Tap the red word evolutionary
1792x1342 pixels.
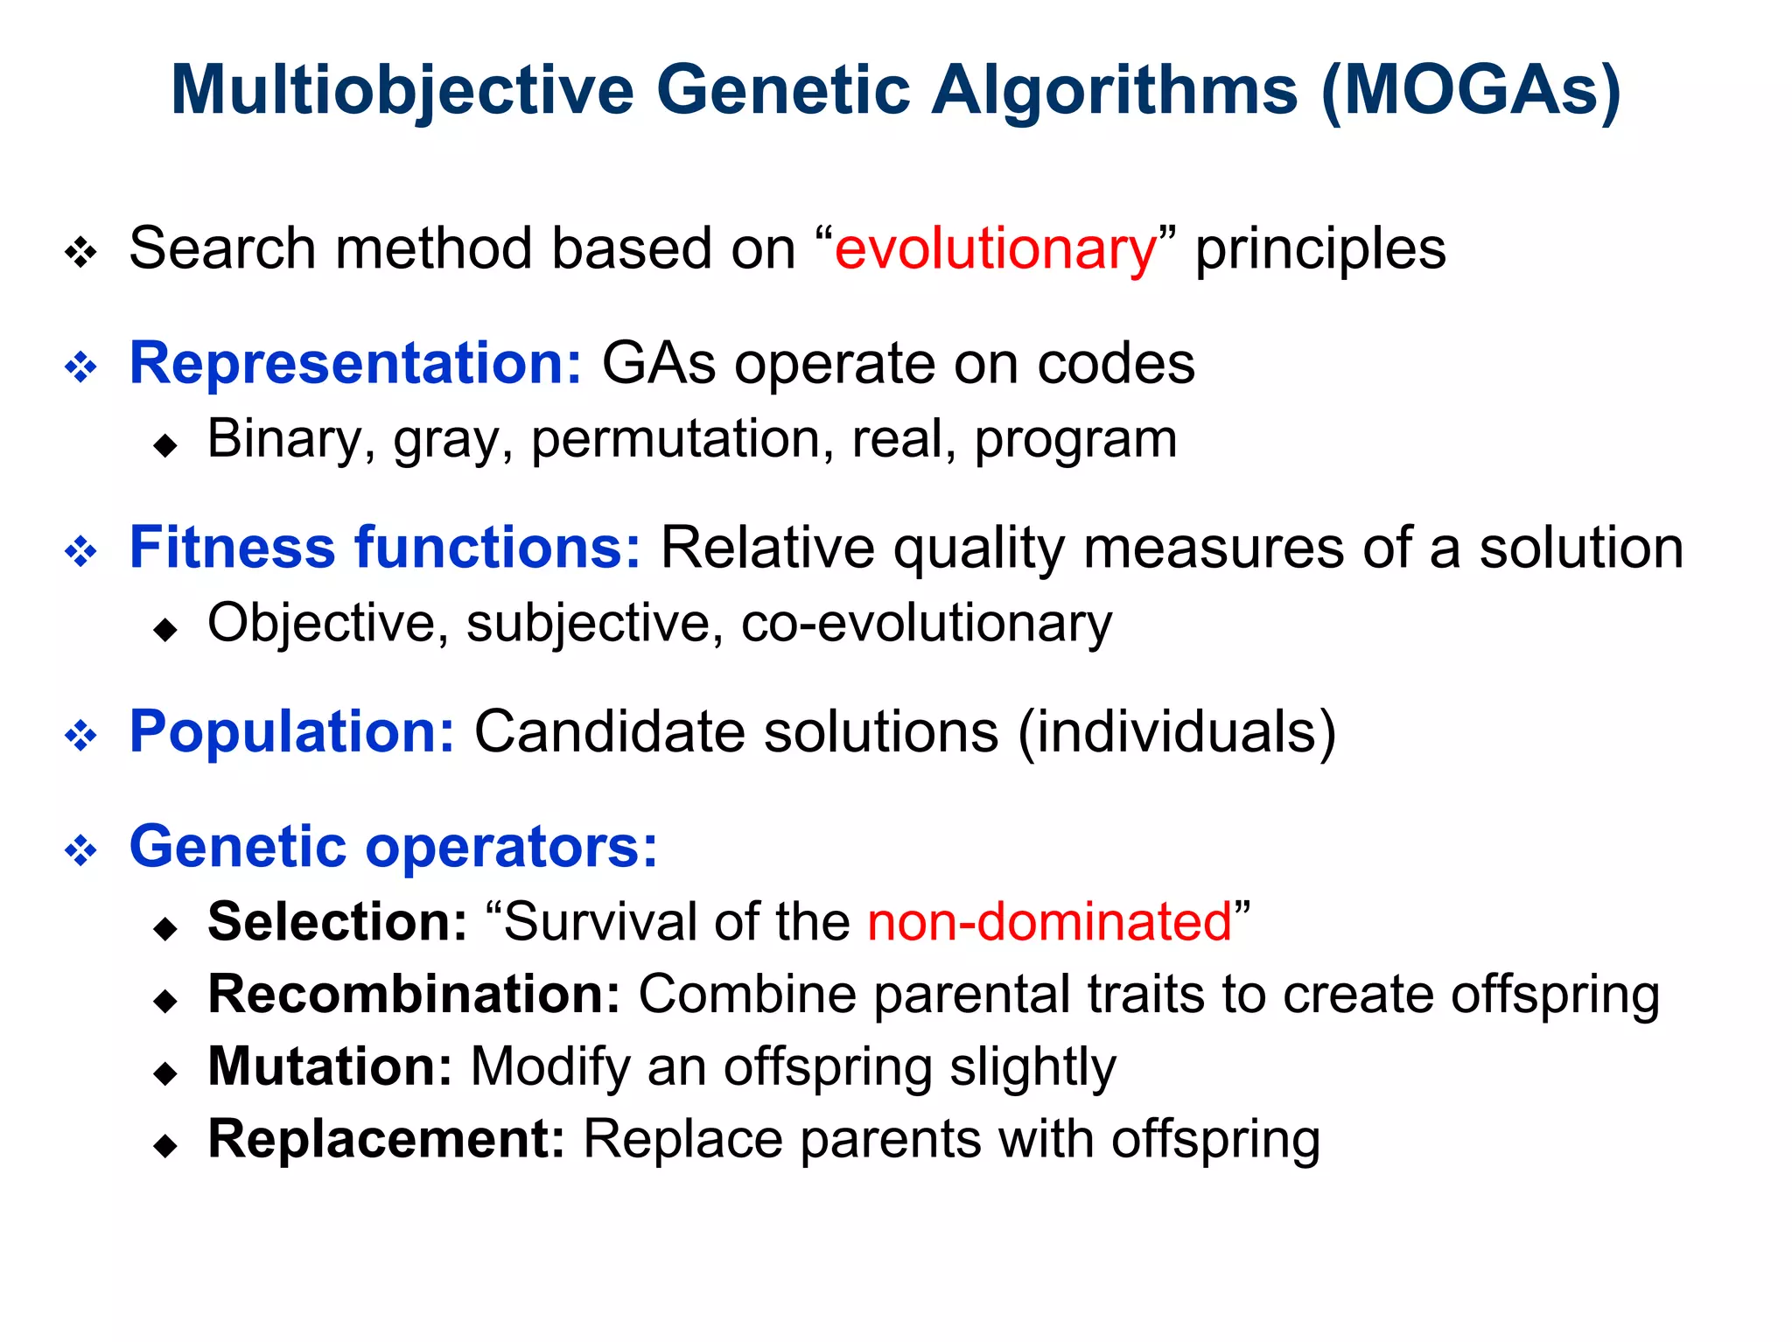point(995,249)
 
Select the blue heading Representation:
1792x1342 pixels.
point(355,363)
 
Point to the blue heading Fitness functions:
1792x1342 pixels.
point(385,548)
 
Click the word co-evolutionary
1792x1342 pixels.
point(926,624)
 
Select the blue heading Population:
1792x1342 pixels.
point(291,731)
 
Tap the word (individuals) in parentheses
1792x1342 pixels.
point(1178,731)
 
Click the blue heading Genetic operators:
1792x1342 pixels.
point(393,847)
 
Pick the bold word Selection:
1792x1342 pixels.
point(338,922)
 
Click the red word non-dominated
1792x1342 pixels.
point(1049,922)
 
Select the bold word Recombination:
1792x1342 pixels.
point(414,995)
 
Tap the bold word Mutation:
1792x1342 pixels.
point(330,1067)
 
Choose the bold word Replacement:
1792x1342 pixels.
point(386,1140)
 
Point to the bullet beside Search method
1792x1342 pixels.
point(81,254)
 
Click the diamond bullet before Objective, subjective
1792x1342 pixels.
point(164,630)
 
